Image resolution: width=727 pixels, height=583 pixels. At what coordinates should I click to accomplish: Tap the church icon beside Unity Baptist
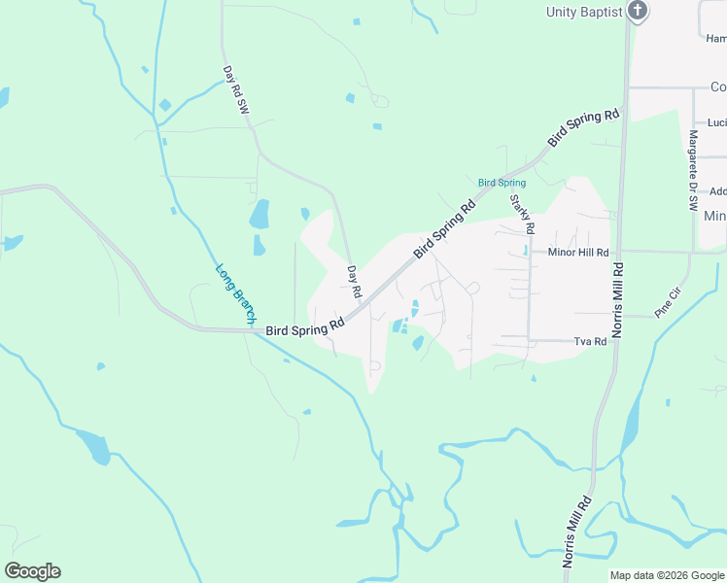tap(638, 12)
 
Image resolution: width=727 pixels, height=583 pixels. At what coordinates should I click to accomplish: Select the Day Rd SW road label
tap(235, 90)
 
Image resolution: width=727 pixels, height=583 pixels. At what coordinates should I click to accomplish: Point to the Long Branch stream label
tap(234, 293)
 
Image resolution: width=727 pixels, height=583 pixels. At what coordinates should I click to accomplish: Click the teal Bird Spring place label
tap(502, 183)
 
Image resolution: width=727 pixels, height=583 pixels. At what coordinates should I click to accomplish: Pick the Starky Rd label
tap(522, 214)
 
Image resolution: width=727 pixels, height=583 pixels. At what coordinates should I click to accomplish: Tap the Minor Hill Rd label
tap(578, 252)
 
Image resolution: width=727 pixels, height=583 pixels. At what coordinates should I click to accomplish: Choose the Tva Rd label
tap(590, 341)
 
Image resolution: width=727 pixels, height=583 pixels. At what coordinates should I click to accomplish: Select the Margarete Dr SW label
tap(693, 171)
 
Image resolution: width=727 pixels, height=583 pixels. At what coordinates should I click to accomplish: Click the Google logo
tap(32, 571)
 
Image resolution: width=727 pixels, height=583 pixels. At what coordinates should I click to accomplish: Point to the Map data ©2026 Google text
tap(667, 575)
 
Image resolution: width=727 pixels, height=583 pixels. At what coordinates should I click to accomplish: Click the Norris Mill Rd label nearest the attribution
tap(576, 532)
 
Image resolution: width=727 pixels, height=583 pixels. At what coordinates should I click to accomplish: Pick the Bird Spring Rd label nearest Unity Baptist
tap(583, 127)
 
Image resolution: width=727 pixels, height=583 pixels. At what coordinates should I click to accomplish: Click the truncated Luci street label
tap(716, 122)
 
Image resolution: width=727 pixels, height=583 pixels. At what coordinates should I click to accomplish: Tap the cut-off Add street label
tap(717, 191)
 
